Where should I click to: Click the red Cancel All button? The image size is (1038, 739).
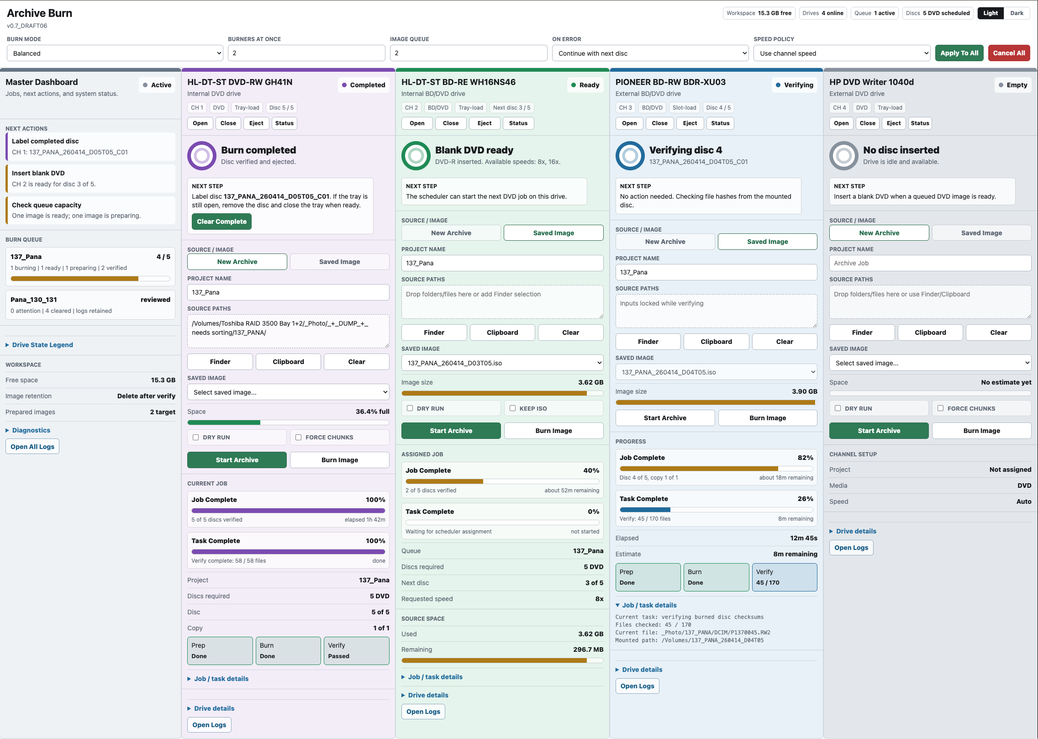click(x=1009, y=53)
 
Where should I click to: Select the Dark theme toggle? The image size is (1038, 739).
click(x=1017, y=13)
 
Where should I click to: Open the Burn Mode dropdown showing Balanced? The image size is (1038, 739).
click(x=115, y=53)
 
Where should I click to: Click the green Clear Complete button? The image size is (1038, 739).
click(x=221, y=222)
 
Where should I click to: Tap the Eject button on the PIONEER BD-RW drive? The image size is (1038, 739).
click(x=690, y=123)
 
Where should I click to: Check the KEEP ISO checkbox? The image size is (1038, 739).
click(x=513, y=408)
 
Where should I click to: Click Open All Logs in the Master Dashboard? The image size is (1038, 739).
click(x=32, y=447)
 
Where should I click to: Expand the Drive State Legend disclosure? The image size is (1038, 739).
click(x=42, y=345)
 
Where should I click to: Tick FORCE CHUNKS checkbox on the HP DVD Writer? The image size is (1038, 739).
click(x=941, y=408)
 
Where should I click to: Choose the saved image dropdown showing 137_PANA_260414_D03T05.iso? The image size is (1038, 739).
click(x=502, y=363)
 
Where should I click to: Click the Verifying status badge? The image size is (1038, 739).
click(x=794, y=85)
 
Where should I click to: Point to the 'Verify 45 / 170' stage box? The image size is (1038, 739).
click(x=784, y=577)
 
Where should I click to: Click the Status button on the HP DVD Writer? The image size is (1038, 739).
click(x=920, y=123)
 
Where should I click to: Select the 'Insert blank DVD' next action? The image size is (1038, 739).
click(x=90, y=179)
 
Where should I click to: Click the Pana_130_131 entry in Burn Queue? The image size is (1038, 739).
click(x=90, y=305)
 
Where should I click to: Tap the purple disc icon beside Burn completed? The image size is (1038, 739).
click(x=201, y=156)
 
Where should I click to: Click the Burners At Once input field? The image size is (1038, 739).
click(x=306, y=53)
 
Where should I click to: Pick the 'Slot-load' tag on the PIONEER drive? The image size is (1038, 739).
click(x=684, y=108)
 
